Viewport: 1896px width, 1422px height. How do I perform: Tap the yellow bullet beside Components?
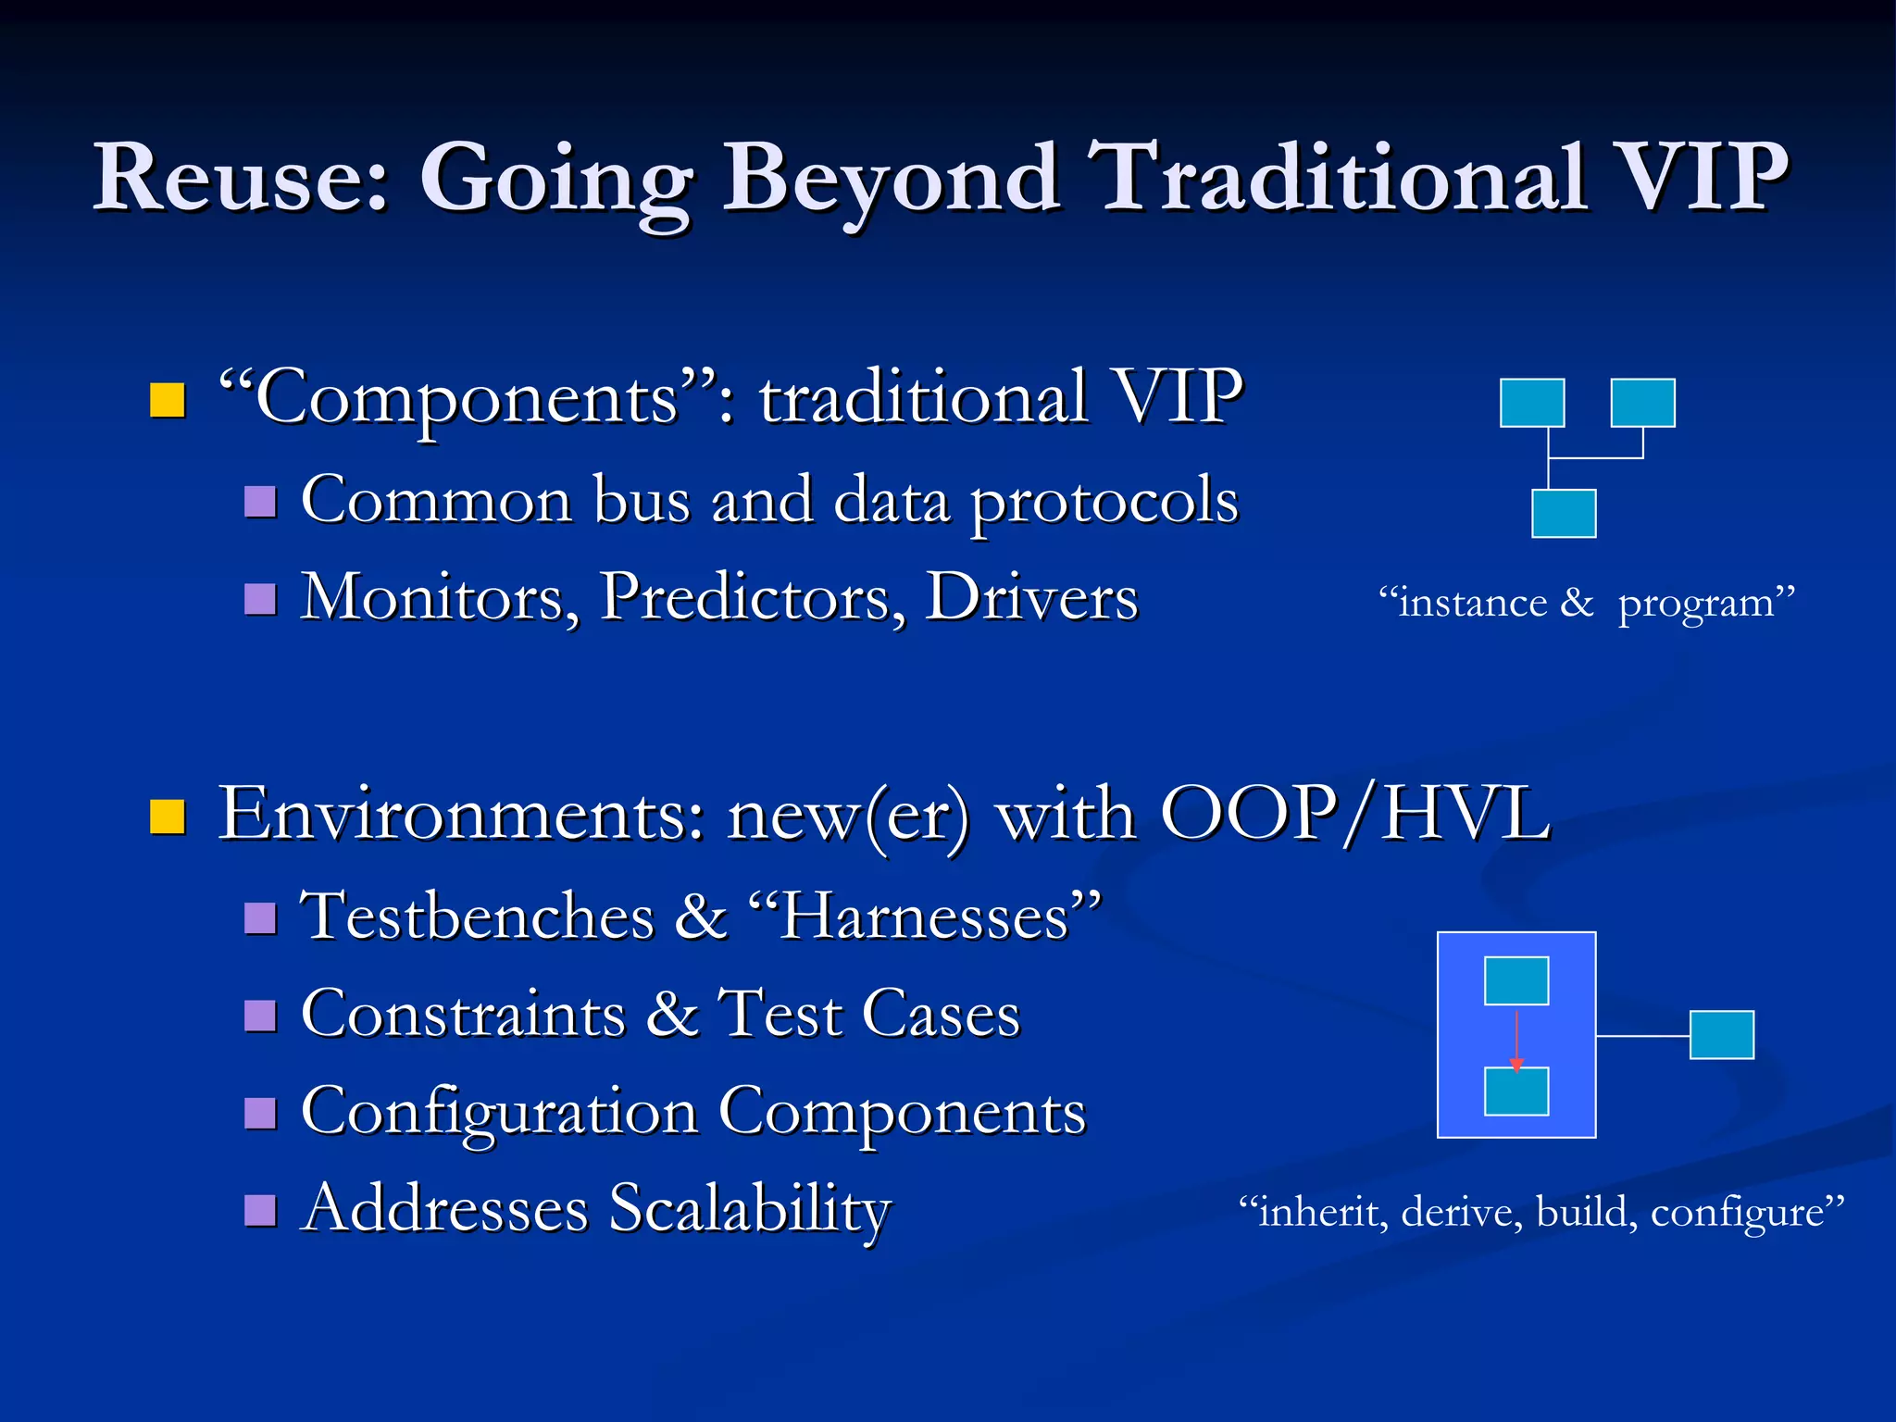click(168, 400)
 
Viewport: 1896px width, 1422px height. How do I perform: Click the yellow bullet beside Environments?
click(168, 817)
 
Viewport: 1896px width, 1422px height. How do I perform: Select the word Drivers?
click(1031, 597)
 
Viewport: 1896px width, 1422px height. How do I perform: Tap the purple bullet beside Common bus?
click(260, 501)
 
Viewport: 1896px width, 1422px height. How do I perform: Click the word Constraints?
click(463, 1014)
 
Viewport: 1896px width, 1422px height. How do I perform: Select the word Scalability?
click(750, 1209)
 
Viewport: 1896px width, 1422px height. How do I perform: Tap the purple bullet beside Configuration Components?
click(260, 1113)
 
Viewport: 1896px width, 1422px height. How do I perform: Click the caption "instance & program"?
click(1586, 604)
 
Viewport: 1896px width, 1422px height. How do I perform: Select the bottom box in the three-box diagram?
click(1564, 513)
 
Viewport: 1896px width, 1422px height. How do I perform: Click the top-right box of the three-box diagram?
click(1642, 403)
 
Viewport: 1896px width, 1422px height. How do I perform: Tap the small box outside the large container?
click(1722, 1034)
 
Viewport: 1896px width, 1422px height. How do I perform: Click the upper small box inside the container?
click(1516, 980)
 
